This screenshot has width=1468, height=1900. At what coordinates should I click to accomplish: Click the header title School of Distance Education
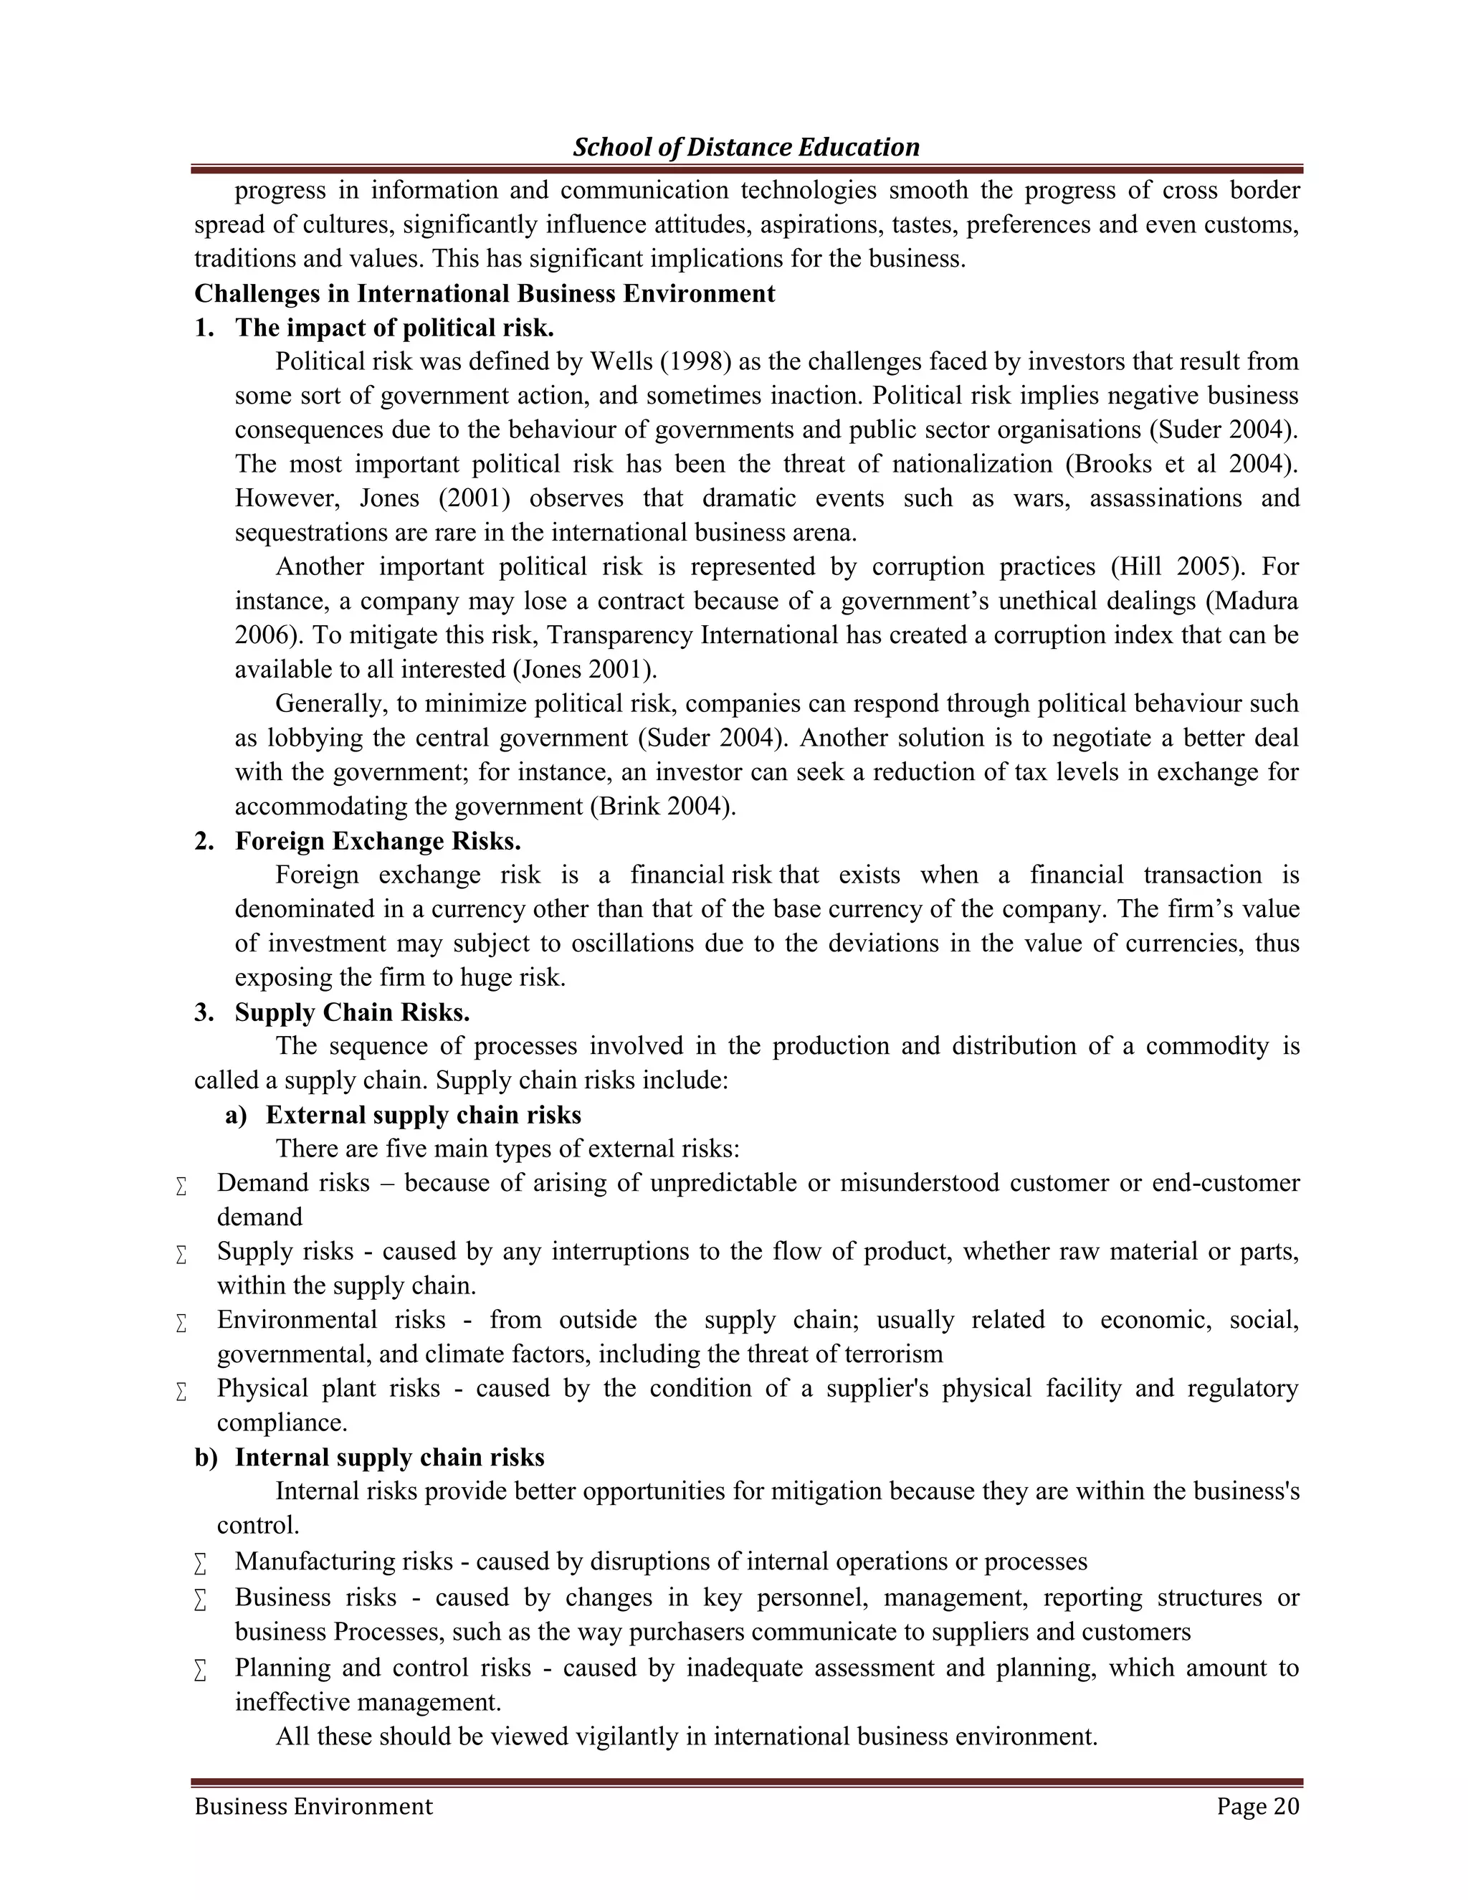tap(745, 147)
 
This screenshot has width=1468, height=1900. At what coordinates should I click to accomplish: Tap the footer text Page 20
tap(1257, 1807)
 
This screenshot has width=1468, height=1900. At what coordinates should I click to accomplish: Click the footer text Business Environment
tap(313, 1807)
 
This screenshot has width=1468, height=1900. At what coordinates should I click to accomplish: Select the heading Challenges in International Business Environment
tap(485, 294)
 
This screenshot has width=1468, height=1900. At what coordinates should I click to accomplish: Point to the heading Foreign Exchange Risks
tap(378, 841)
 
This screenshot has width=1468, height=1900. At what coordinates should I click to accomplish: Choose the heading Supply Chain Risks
tap(352, 1012)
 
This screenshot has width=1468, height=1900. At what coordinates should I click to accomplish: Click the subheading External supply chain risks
tap(424, 1116)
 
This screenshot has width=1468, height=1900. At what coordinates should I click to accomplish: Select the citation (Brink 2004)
tap(663, 807)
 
